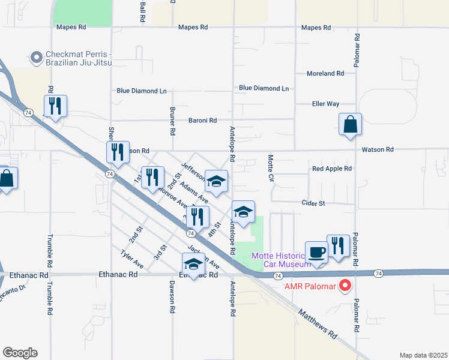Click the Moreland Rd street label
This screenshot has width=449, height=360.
click(325, 73)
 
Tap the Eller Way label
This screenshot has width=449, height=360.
click(326, 104)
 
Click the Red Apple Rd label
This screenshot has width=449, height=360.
click(331, 169)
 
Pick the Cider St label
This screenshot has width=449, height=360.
click(313, 203)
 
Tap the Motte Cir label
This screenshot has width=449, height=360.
click(270, 167)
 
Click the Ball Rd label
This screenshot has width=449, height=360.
click(142, 12)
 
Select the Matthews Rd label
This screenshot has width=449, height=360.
click(318, 324)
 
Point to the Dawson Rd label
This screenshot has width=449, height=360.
click(172, 296)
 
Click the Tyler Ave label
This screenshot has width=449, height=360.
click(132, 259)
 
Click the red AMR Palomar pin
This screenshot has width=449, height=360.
click(345, 286)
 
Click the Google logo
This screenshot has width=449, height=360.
click(20, 353)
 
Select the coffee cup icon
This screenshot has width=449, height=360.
click(316, 252)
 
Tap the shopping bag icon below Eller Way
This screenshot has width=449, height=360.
click(350, 125)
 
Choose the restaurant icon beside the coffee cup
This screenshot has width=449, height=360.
click(338, 245)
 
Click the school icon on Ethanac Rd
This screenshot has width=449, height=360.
click(193, 264)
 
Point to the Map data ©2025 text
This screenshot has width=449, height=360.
click(423, 355)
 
